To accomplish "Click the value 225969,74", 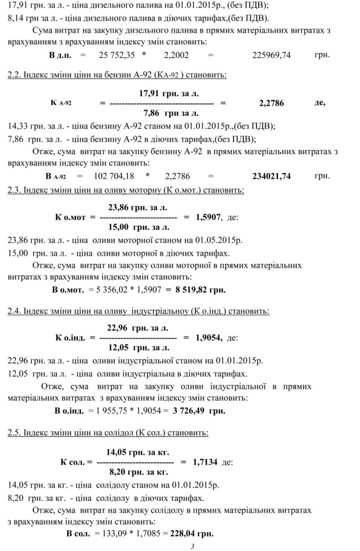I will tap(272, 55).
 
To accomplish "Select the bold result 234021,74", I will tap(272, 176).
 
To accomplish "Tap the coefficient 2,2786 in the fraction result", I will tap(272, 103).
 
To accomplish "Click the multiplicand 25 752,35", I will tap(117, 55).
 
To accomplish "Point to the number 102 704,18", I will tap(114, 176).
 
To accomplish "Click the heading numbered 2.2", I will tap(117, 76).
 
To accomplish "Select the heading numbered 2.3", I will tap(126, 190).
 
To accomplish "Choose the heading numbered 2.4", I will tap(138, 311).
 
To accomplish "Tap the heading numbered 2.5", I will tap(108, 432).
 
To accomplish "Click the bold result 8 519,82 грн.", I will tap(201, 290).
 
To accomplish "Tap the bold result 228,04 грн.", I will tap(191, 533).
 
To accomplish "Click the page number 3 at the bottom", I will tap(192, 546).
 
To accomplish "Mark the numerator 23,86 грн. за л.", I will tap(138, 207).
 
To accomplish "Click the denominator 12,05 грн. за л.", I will tap(139, 347).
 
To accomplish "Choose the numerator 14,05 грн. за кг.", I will tap(138, 452).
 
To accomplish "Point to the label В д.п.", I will tap(60, 55).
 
